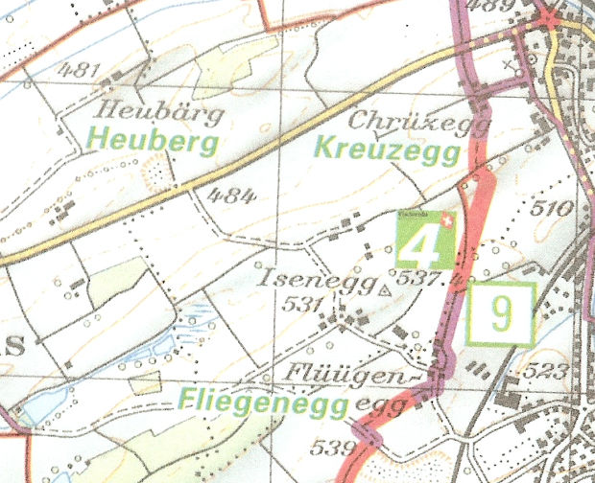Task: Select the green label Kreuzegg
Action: click(390, 151)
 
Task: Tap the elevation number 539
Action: click(331, 446)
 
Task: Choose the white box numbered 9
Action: click(501, 314)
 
